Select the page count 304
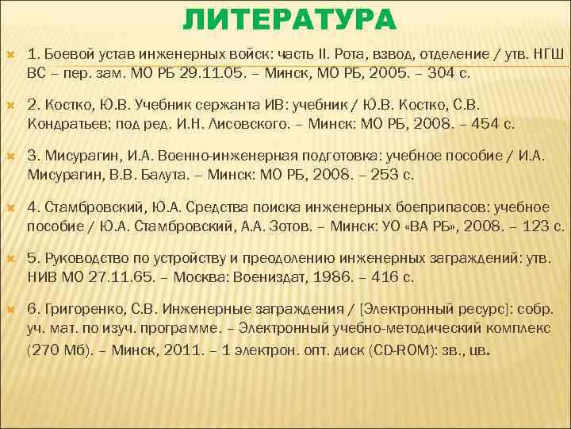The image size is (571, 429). pos(439,72)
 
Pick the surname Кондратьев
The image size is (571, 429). pos(67,123)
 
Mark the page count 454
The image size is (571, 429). pos(481,123)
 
